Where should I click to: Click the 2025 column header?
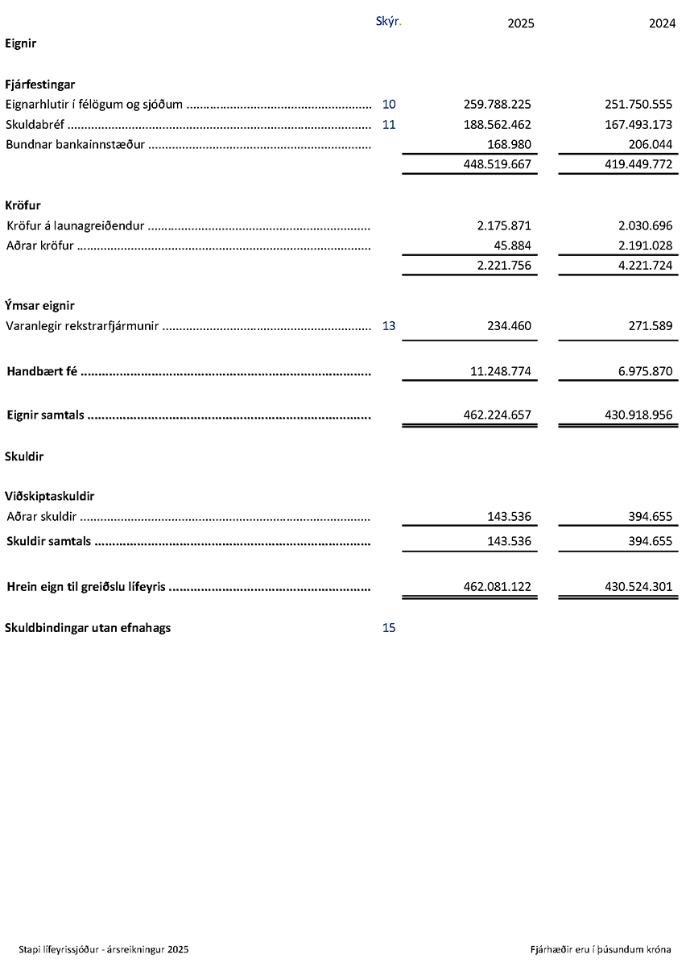tap(520, 23)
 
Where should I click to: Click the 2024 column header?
tap(662, 23)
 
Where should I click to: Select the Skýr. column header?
tap(388, 21)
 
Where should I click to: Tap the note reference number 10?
tap(389, 104)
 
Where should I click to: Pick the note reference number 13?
tap(389, 326)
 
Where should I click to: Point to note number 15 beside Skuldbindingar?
tap(389, 628)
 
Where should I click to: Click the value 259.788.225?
tap(497, 104)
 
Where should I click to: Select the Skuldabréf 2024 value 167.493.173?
tap(638, 125)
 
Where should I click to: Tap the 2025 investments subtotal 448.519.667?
tap(497, 164)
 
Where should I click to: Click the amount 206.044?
tap(650, 144)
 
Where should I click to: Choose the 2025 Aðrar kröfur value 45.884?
tap(512, 246)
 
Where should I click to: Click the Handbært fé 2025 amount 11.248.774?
tap(500, 371)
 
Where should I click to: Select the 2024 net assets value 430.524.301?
tap(638, 587)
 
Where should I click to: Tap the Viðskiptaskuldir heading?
tap(50, 497)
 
